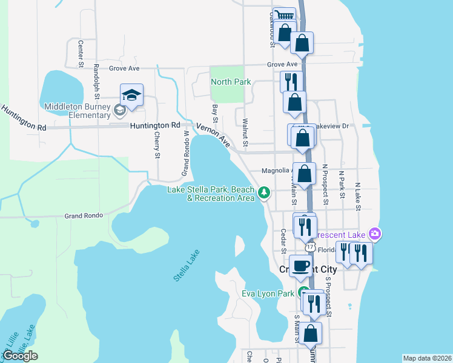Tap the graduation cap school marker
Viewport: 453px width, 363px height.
[131, 95]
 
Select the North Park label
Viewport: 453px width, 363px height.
[231, 82]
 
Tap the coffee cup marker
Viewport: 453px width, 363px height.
[300, 266]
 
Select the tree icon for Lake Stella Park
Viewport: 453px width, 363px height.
[263, 193]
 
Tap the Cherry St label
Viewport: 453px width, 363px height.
[157, 146]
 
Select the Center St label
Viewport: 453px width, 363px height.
[81, 53]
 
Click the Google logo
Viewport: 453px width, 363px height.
[20, 356]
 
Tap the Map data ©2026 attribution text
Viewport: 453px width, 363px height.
[426, 358]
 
